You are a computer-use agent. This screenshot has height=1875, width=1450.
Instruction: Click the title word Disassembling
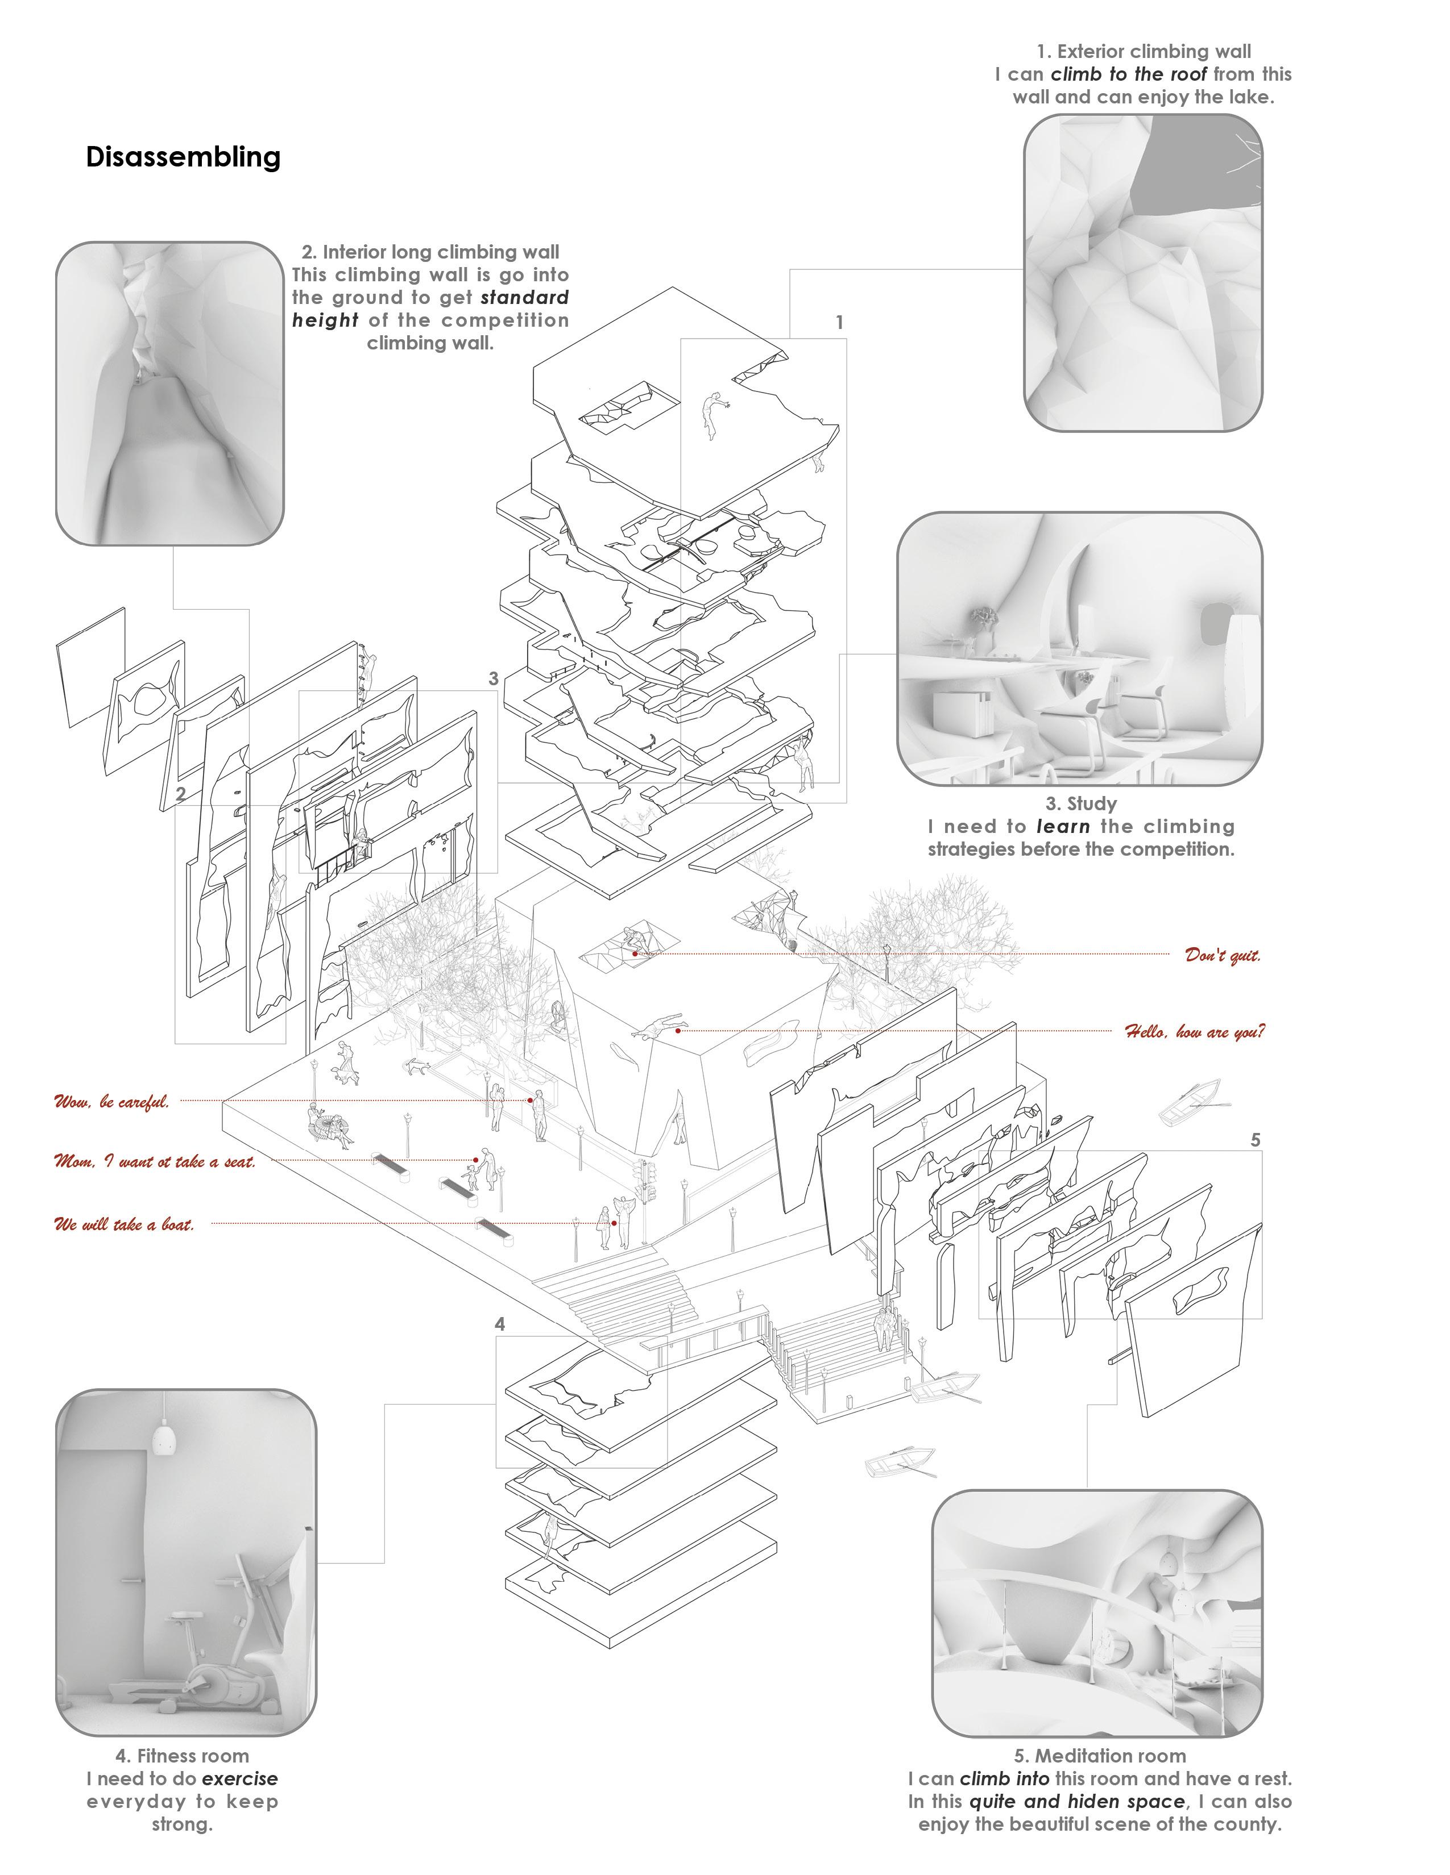(x=183, y=157)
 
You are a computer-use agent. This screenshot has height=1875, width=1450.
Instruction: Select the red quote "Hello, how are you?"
(x=1194, y=1031)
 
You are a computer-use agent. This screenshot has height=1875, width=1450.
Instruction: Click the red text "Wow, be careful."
(x=111, y=1102)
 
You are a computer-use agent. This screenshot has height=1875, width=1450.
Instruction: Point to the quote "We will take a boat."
(x=124, y=1224)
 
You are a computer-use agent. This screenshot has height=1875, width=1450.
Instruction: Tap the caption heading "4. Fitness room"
(x=182, y=1756)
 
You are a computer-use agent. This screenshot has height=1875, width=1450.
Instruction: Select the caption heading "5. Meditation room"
(x=1100, y=1756)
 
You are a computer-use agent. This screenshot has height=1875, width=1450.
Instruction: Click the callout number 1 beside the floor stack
(x=839, y=323)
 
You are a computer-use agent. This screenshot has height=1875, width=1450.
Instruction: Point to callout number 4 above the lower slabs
(x=500, y=1324)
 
